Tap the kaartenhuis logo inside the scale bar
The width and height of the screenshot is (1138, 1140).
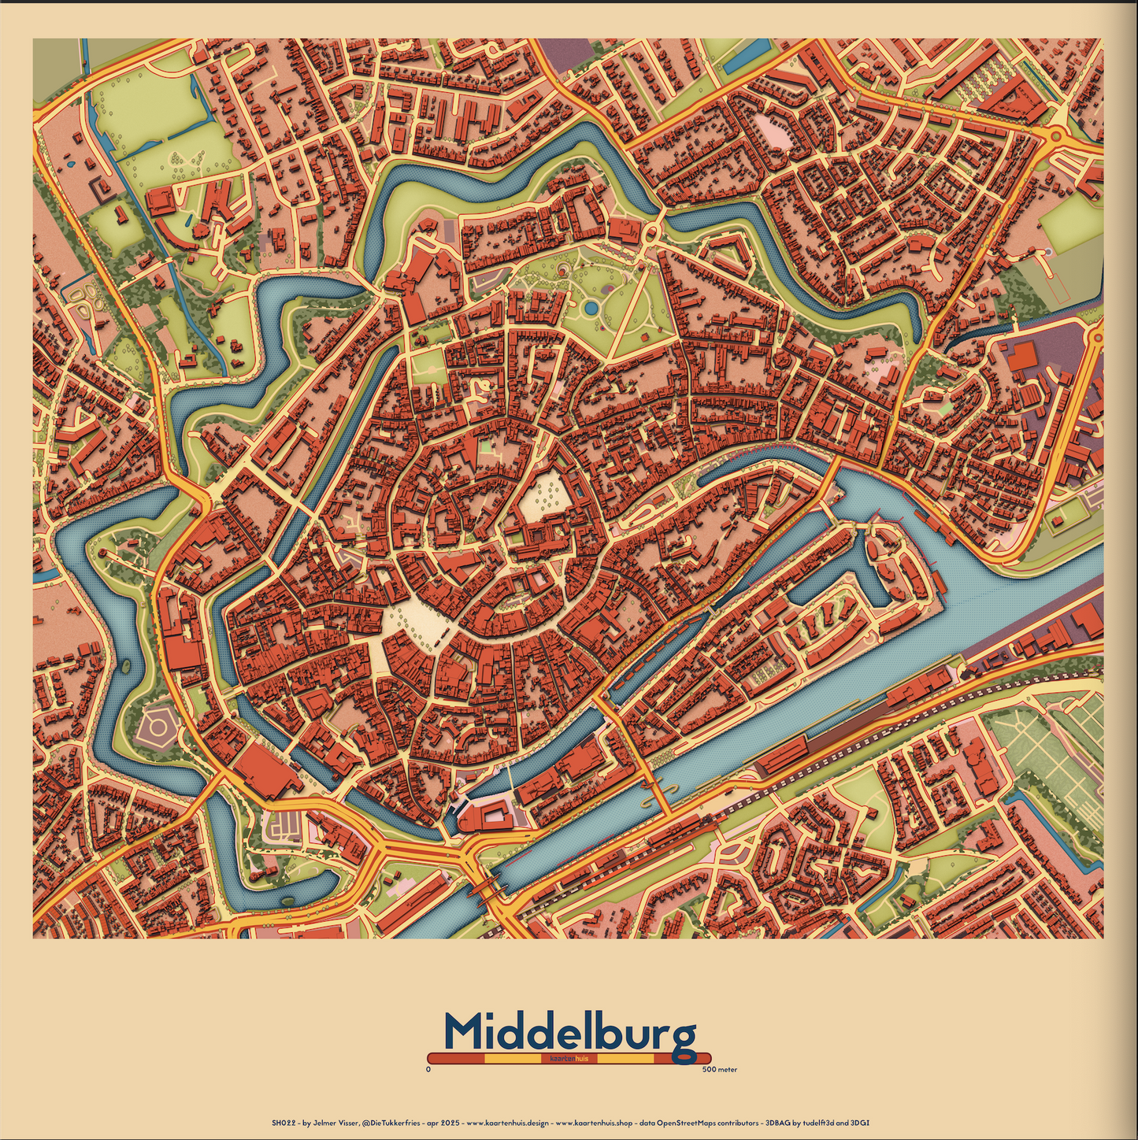coord(569,1059)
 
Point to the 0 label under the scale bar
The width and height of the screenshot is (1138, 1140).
coord(428,1070)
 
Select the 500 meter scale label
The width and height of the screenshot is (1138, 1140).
coord(719,1070)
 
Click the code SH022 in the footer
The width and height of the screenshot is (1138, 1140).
coord(282,1122)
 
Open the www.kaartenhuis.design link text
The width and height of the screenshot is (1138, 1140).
coord(507,1122)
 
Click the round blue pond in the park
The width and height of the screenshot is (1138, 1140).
coord(591,306)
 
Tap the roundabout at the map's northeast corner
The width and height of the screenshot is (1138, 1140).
coord(1055,136)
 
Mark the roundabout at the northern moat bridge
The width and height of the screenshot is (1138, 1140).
coord(652,233)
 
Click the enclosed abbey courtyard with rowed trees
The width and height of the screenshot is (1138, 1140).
coord(543,495)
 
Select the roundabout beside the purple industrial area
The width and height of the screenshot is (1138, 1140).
coord(1095,337)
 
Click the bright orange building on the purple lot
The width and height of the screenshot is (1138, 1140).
coord(1022,356)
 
